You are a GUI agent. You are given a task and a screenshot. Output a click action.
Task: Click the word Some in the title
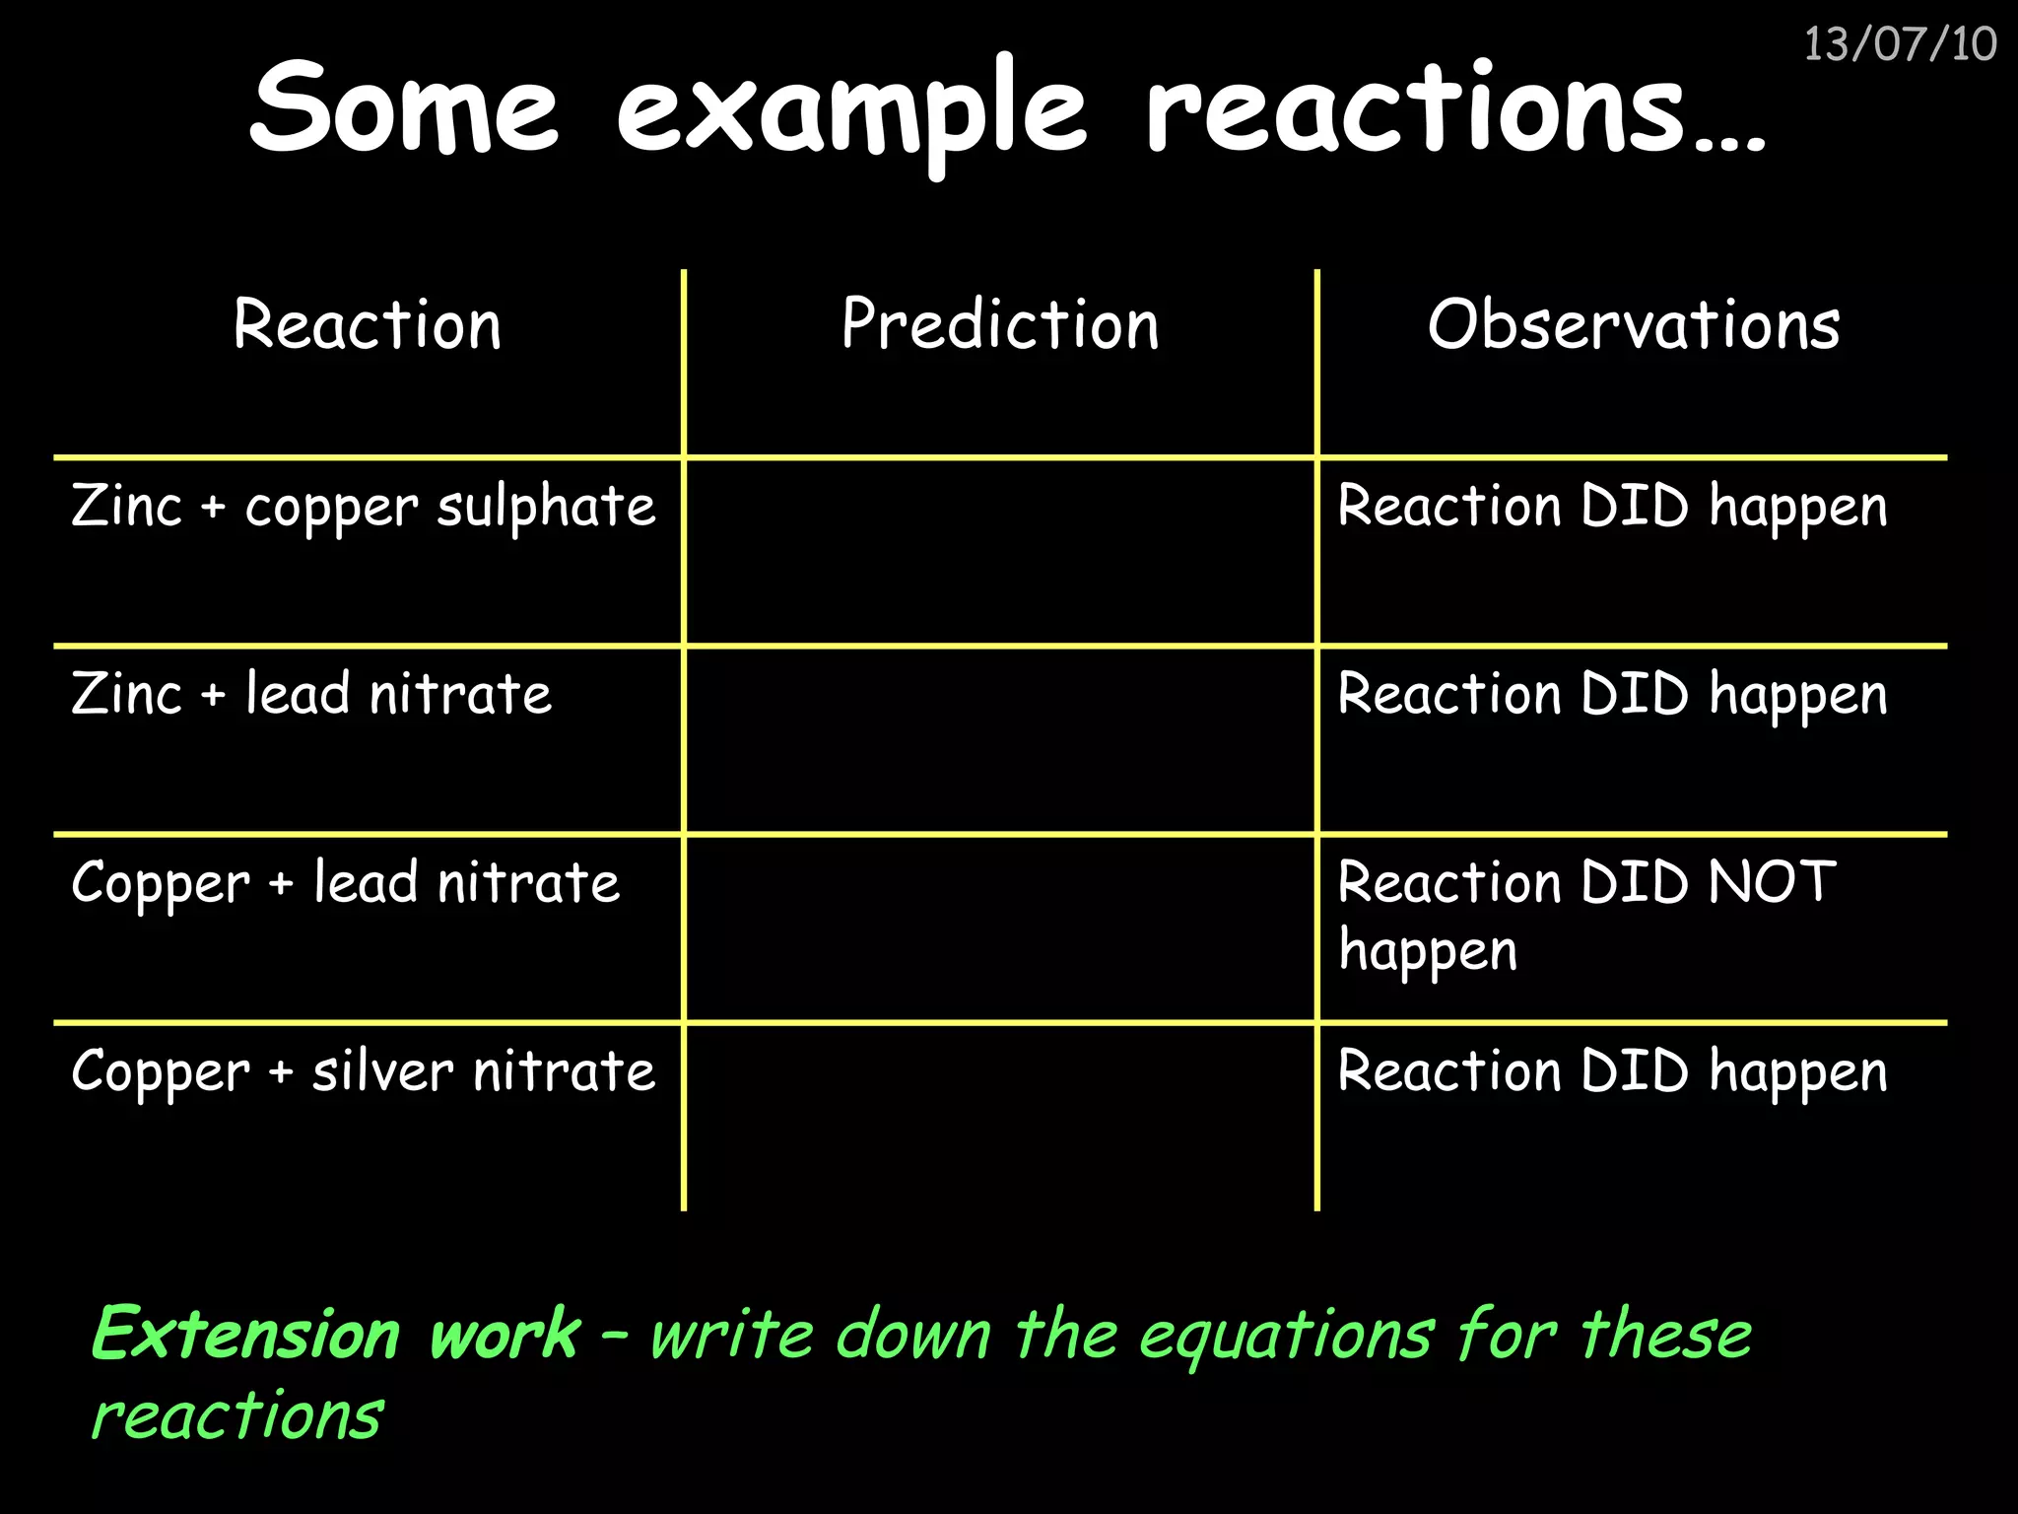[x=404, y=106]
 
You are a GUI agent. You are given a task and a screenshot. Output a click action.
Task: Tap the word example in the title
[x=851, y=110]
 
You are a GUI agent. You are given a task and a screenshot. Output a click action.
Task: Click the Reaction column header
[x=368, y=325]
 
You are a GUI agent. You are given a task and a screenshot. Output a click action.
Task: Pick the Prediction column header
[x=1000, y=325]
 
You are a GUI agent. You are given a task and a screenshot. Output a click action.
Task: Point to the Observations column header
[x=1633, y=325]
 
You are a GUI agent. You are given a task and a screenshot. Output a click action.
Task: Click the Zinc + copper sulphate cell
[x=363, y=507]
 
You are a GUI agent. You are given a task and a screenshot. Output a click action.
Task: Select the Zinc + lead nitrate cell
[x=311, y=694]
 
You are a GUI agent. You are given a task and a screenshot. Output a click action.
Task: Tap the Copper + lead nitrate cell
[x=345, y=883]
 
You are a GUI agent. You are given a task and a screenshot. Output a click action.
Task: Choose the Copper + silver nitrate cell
[x=363, y=1071]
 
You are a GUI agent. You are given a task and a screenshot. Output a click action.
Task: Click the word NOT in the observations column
[x=1772, y=881]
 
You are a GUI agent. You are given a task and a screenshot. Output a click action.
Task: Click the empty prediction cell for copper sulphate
[x=1000, y=552]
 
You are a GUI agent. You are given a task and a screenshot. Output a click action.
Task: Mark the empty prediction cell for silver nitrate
[x=1000, y=1116]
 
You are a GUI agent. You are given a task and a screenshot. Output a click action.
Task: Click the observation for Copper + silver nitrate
[x=1612, y=1071]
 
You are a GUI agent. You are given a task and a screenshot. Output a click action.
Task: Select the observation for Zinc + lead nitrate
[x=1612, y=694]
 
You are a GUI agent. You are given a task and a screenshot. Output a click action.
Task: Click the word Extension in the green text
[x=246, y=1335]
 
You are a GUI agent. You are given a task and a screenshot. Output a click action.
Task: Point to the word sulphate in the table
[x=546, y=507]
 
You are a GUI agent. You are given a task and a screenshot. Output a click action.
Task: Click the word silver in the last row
[x=382, y=1071]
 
